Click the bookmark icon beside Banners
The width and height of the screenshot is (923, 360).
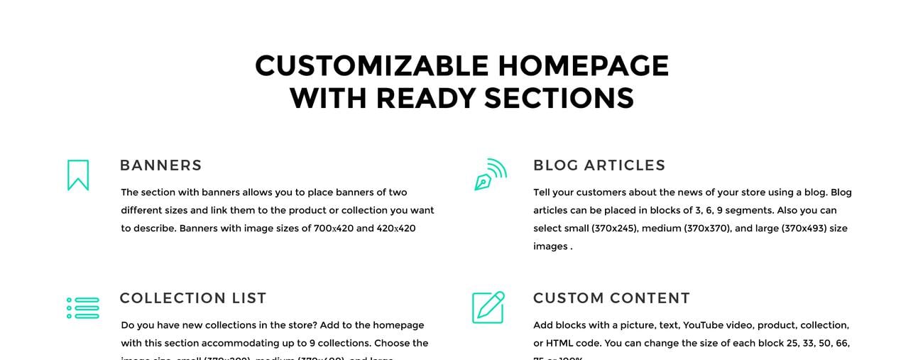point(78,175)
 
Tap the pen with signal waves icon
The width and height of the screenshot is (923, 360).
point(491,175)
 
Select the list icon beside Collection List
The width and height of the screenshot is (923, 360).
point(83,308)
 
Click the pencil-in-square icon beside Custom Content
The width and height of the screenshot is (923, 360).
point(488,307)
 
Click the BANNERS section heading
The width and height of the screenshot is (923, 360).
point(161,165)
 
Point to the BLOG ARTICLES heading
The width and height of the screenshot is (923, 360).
point(599,165)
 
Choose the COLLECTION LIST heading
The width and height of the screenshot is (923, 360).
point(193,298)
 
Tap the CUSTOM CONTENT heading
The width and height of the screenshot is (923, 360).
point(611,298)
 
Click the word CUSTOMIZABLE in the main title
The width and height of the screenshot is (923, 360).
point(372,67)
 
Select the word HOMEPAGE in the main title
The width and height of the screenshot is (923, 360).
point(583,67)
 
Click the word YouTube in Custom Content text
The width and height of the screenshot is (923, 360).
point(706,325)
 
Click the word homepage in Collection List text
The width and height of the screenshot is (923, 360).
point(398,325)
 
